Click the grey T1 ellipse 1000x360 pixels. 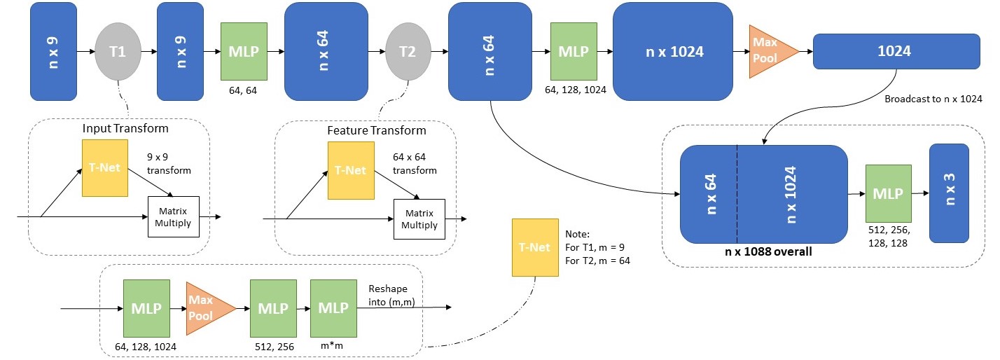(x=118, y=51)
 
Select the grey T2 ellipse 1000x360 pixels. (x=408, y=51)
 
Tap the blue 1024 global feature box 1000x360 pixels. (x=896, y=51)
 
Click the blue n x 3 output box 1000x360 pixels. (x=949, y=193)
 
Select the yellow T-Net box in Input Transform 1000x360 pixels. (x=105, y=168)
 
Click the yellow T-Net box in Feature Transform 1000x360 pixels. (x=351, y=171)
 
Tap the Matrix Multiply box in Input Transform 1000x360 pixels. (x=174, y=216)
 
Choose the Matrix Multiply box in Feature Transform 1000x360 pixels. (x=419, y=219)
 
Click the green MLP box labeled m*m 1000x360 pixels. (x=333, y=308)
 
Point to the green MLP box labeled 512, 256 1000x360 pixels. (x=273, y=308)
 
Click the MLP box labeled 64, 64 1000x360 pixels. (x=244, y=51)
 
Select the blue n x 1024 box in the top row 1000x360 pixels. (x=673, y=51)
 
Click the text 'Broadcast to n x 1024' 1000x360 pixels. (x=933, y=99)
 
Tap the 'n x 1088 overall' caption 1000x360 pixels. (x=768, y=251)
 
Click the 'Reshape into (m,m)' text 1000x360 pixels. (x=391, y=296)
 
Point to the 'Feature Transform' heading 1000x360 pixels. (x=376, y=130)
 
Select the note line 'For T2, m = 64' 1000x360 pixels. (x=597, y=261)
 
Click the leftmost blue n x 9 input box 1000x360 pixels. (x=53, y=51)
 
